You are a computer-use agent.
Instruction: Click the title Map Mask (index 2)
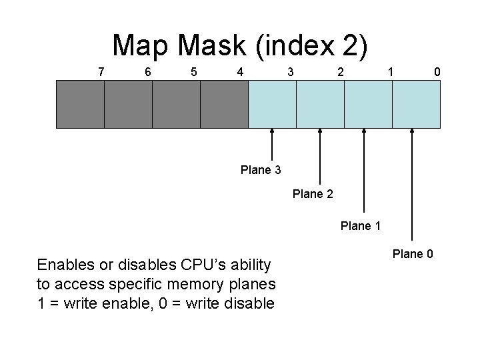coord(239,45)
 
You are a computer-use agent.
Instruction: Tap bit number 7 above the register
coord(101,71)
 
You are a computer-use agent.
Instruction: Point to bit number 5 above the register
coord(193,71)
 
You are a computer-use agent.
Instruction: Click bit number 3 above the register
coord(290,71)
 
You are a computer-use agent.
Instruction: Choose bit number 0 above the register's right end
coord(436,71)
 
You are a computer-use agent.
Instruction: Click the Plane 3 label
coord(261,170)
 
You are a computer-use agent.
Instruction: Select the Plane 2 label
coord(313,194)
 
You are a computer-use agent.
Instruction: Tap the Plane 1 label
coord(361,226)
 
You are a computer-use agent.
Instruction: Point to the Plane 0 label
coord(413,254)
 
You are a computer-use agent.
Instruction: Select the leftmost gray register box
coord(80,104)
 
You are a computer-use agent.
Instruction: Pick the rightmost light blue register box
coord(416,104)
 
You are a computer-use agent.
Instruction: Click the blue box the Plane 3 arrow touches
coord(272,104)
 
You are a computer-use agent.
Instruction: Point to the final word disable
coord(251,303)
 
